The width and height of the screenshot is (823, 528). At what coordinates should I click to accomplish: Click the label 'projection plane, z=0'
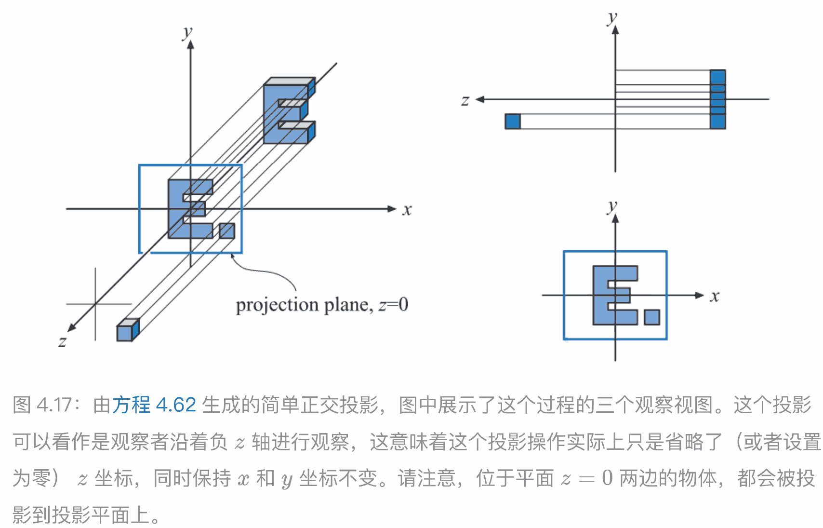point(322,305)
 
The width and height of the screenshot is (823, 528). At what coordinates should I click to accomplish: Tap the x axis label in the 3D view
point(407,210)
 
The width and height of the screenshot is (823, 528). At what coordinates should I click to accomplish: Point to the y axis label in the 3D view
point(187,33)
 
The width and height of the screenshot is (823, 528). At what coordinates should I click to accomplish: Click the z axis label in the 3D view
point(62,342)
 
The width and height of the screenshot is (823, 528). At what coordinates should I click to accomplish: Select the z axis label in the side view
point(465,100)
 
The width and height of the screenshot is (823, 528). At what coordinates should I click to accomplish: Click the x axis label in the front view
point(715,296)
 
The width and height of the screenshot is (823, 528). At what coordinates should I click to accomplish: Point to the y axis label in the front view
point(612,206)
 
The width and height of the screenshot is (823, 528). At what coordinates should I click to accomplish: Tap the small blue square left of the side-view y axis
point(513,122)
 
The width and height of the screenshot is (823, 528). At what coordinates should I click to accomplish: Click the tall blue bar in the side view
point(717,99)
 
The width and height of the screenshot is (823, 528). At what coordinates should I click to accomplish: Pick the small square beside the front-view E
point(652,317)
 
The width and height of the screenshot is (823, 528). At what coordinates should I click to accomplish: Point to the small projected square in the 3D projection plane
point(227,231)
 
